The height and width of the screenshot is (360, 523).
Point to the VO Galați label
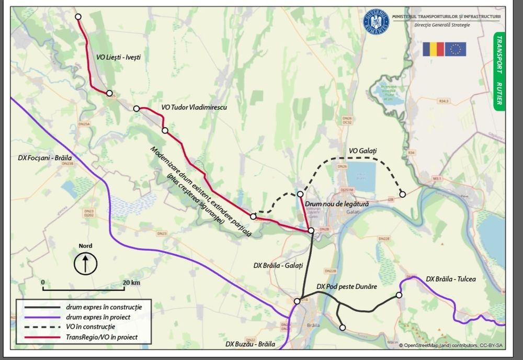click(x=363, y=151)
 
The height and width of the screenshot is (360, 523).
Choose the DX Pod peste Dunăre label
click(x=347, y=287)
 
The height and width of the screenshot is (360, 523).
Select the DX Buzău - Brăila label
click(x=251, y=344)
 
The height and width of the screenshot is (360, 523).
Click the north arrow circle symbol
click(x=85, y=263)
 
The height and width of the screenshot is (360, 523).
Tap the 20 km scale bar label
click(x=132, y=283)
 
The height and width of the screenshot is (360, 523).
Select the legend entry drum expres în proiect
click(x=98, y=317)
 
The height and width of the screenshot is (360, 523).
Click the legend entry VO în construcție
click(x=90, y=327)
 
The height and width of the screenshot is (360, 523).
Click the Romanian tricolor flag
click(x=434, y=49)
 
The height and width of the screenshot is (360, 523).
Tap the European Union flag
click(x=456, y=49)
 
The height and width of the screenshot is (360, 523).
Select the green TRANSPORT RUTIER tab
click(x=499, y=71)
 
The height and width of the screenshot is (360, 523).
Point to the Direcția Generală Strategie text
click(x=442, y=25)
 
